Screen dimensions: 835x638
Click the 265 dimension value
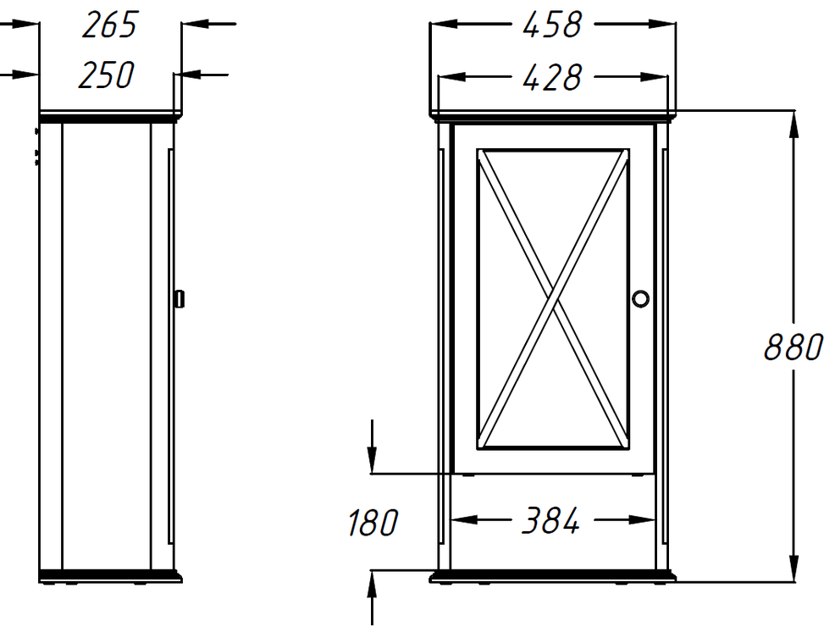[x=110, y=25]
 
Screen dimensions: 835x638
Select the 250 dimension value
[x=106, y=75]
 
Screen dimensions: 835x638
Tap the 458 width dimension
[x=551, y=25]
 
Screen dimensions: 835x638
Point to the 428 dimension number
[x=551, y=78]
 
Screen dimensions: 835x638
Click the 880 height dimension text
[x=794, y=347]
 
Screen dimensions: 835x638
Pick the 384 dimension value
[x=550, y=521]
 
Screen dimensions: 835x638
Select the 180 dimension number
[x=373, y=522]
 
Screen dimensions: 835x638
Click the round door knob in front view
[x=640, y=298]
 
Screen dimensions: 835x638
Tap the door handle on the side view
[x=180, y=298]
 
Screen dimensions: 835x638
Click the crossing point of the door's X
[x=553, y=299]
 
